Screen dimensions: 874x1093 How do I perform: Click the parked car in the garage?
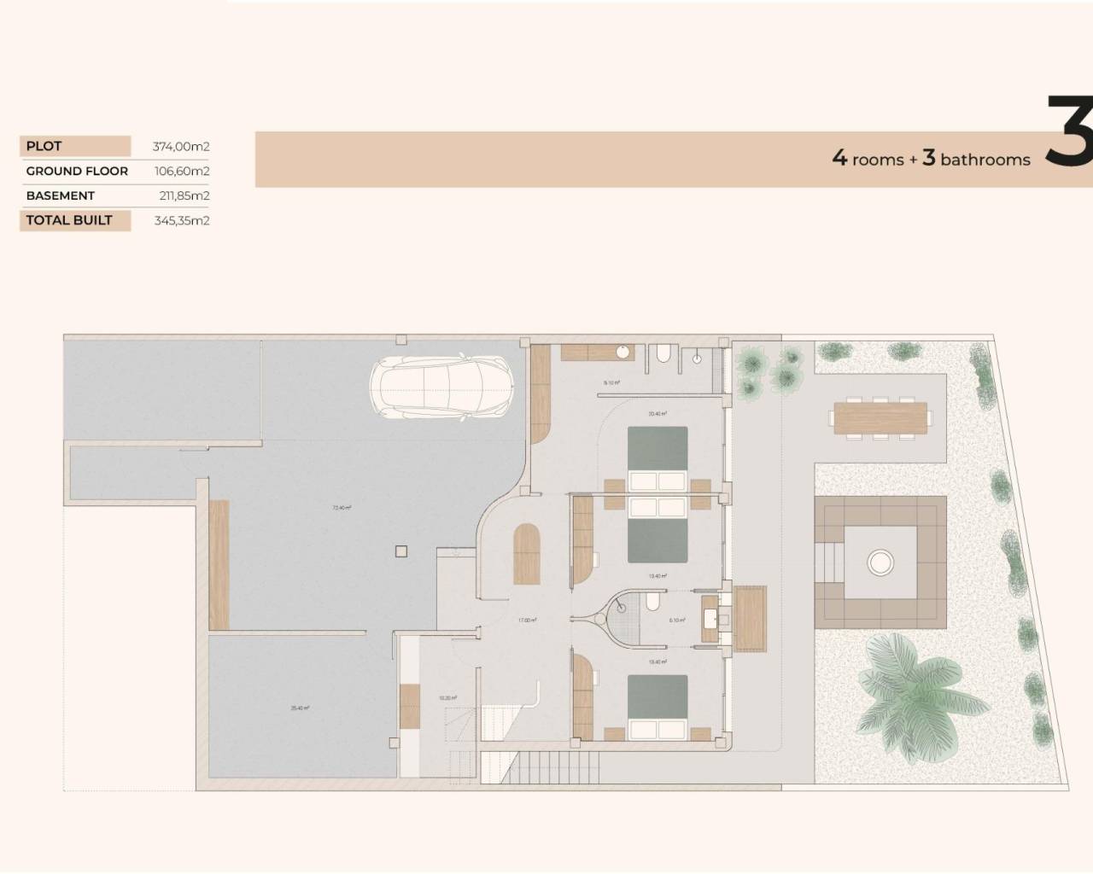pyautogui.click(x=441, y=387)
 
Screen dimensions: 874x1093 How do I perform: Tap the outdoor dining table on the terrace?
pyautogui.click(x=879, y=417)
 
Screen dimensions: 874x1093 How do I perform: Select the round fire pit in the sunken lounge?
pyautogui.click(x=880, y=561)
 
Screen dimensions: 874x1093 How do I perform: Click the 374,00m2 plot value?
pyautogui.click(x=181, y=146)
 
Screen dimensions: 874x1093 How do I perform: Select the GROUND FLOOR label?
pyautogui.click(x=77, y=171)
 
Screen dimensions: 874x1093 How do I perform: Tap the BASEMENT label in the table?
pyautogui.click(x=60, y=195)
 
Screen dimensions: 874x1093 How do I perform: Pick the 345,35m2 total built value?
pyautogui.click(x=181, y=220)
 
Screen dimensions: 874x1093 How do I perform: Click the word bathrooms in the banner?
pyautogui.click(x=985, y=160)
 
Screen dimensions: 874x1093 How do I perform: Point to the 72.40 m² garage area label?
pyautogui.click(x=342, y=508)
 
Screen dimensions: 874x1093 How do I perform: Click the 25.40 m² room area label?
pyautogui.click(x=300, y=708)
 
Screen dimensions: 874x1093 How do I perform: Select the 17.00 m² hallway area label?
pyautogui.click(x=527, y=621)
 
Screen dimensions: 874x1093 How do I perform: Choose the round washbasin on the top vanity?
pyautogui.click(x=622, y=351)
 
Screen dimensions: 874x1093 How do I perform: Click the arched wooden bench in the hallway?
pyautogui.click(x=525, y=554)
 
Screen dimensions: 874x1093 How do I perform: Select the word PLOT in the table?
pyautogui.click(x=44, y=146)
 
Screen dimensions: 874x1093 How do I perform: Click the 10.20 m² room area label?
pyautogui.click(x=447, y=698)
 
